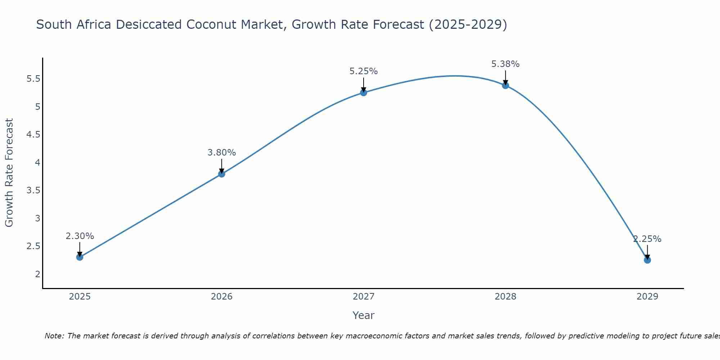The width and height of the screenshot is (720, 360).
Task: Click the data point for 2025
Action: [80, 257]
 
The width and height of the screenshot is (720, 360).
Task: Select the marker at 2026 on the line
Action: [221, 174]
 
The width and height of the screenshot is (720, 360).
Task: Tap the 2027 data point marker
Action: [363, 93]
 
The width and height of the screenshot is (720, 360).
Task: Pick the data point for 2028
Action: [505, 85]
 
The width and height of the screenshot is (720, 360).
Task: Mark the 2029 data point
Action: [647, 260]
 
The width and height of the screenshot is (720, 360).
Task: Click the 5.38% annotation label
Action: [505, 64]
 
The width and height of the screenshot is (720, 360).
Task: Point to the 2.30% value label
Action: [80, 236]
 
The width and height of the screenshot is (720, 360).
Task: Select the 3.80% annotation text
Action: [221, 153]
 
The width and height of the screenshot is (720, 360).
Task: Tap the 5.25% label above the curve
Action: [363, 71]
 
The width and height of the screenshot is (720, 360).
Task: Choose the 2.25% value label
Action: [647, 239]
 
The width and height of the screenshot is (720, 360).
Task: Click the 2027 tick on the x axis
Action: [363, 297]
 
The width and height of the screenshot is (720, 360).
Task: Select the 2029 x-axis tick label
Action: [647, 297]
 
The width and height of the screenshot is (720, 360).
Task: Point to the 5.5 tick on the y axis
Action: [33, 79]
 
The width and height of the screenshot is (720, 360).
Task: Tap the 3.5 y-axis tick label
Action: [33, 190]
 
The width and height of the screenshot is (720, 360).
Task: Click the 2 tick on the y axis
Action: [37, 274]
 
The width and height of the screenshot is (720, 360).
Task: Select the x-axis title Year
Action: [363, 315]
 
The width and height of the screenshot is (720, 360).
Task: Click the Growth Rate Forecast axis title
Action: [9, 173]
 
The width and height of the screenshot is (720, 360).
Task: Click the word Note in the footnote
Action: [54, 336]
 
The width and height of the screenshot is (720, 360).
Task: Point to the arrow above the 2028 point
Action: [505, 77]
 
